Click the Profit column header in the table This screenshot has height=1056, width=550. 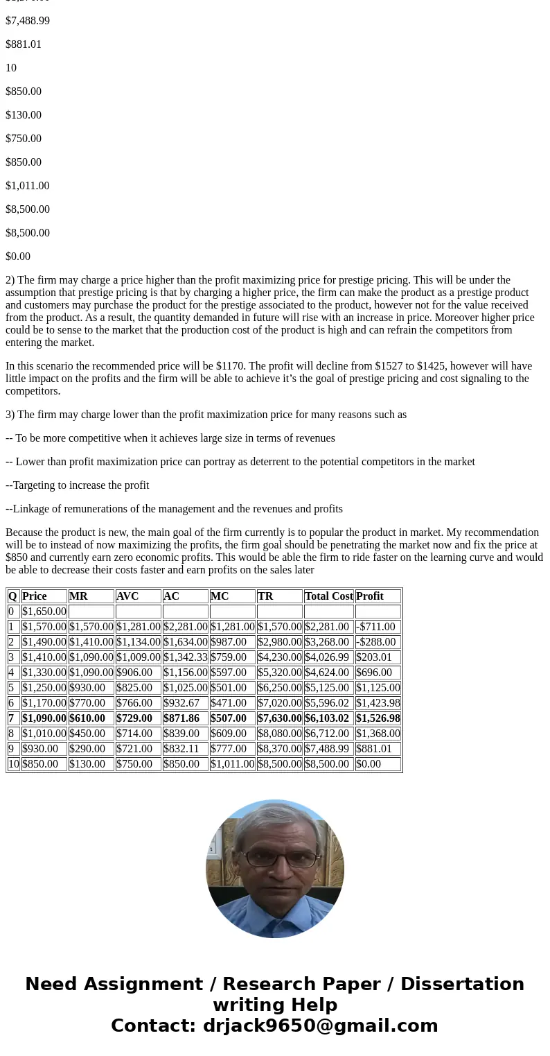click(x=370, y=596)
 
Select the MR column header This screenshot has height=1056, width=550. click(x=78, y=596)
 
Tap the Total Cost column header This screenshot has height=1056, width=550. click(x=328, y=596)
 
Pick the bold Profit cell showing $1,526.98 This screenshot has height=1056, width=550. click(x=378, y=718)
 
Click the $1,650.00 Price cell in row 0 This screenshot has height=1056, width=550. click(x=44, y=612)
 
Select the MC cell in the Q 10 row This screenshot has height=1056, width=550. click(x=232, y=764)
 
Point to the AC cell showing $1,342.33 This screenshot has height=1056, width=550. click(x=185, y=657)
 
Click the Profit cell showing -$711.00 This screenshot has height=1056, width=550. click(x=375, y=627)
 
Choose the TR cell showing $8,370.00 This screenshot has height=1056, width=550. click(x=279, y=749)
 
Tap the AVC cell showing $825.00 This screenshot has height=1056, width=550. click(x=134, y=688)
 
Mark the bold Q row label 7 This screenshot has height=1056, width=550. click(x=11, y=718)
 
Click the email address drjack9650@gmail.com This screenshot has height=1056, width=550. click(x=320, y=1026)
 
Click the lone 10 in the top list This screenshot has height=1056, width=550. click(x=11, y=68)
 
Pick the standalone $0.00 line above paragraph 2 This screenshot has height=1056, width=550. click(x=18, y=257)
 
